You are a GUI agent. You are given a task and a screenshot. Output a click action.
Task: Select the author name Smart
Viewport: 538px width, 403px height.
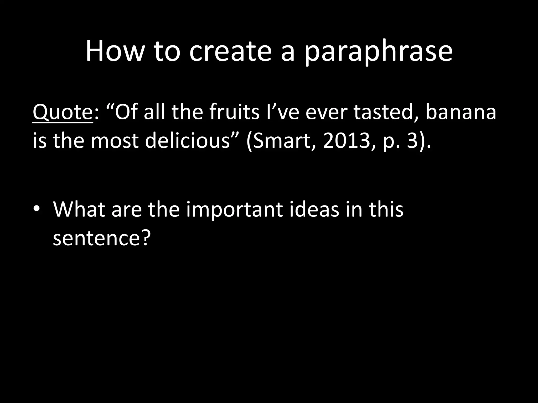point(283,141)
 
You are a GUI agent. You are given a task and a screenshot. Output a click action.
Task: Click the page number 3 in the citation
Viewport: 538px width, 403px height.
point(412,141)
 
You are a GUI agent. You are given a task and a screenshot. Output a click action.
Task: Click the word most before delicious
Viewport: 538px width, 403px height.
point(115,140)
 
